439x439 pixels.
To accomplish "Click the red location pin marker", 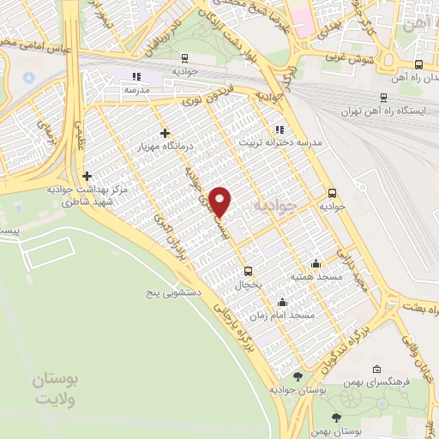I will click(221, 201).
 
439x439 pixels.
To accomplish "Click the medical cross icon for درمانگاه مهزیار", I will click(165, 133).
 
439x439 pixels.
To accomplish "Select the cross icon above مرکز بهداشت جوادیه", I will click(87, 177).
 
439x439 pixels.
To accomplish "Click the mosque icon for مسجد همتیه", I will click(316, 263).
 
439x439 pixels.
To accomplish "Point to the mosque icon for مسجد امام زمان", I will click(283, 303).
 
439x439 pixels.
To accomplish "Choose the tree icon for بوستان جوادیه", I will click(297, 376).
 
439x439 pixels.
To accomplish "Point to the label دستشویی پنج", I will click(172, 292).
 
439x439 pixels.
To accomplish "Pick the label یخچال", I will click(247, 282).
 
